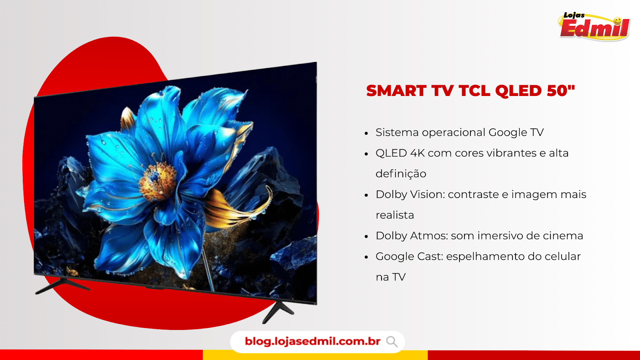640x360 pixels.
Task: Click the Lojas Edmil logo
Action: click(x=594, y=26)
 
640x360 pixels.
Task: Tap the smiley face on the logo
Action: click(x=618, y=21)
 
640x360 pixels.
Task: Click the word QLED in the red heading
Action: click(x=518, y=91)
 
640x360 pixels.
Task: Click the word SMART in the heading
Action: click(x=396, y=91)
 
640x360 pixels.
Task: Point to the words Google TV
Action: click(x=516, y=132)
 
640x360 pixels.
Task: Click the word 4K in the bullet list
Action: click(x=418, y=153)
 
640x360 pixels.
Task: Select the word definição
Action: click(x=401, y=174)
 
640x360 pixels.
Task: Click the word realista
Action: click(x=395, y=215)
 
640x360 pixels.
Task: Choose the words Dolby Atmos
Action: click(x=412, y=236)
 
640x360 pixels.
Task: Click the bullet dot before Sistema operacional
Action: click(x=366, y=134)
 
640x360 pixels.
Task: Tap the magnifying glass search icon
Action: click(x=392, y=342)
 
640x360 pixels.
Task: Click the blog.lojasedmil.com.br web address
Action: click(x=312, y=342)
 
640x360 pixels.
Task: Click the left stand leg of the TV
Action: click(x=62, y=286)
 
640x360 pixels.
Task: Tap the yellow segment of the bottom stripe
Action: click(x=315, y=355)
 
